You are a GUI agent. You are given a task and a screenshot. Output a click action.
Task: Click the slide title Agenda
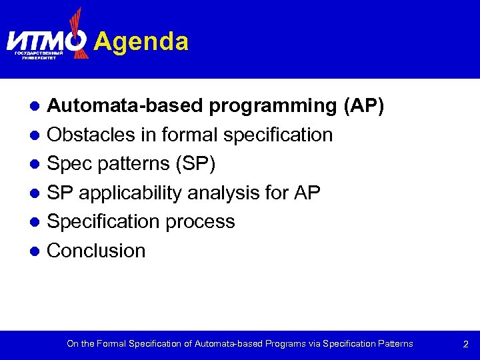tap(141, 41)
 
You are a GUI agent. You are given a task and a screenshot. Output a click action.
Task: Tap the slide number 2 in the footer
tap(466, 345)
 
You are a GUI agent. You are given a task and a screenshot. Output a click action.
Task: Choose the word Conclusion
tap(96, 251)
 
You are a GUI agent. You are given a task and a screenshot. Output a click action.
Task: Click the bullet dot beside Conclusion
tap(39, 251)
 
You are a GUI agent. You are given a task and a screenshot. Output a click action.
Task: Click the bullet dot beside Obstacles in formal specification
tap(39, 135)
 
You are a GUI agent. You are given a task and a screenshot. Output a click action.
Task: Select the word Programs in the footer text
tap(285, 344)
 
